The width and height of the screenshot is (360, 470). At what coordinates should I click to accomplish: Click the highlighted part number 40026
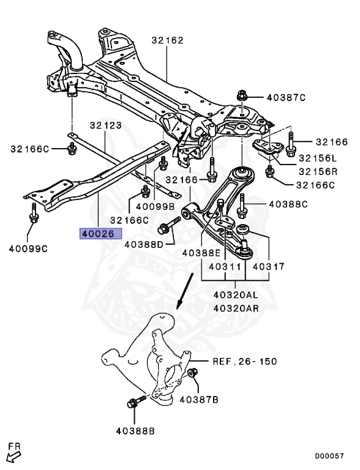pyautogui.click(x=100, y=234)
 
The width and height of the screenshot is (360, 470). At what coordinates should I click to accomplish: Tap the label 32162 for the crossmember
pyautogui.click(x=167, y=40)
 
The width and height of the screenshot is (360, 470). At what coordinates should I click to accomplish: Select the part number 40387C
pyautogui.click(x=286, y=97)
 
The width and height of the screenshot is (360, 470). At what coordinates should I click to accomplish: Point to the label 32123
pyautogui.click(x=105, y=125)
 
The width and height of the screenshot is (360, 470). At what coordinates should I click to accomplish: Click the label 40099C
pyautogui.click(x=28, y=248)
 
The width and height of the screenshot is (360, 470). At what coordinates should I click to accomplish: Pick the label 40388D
pyautogui.click(x=144, y=244)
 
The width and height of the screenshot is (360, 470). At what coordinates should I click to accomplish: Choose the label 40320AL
pyautogui.click(x=236, y=294)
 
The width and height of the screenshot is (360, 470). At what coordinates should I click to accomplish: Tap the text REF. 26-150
pyautogui.click(x=245, y=361)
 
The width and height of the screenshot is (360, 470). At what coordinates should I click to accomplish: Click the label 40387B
pyautogui.click(x=199, y=399)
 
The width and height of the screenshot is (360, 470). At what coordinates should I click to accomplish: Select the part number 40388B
pyautogui.click(x=135, y=431)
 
